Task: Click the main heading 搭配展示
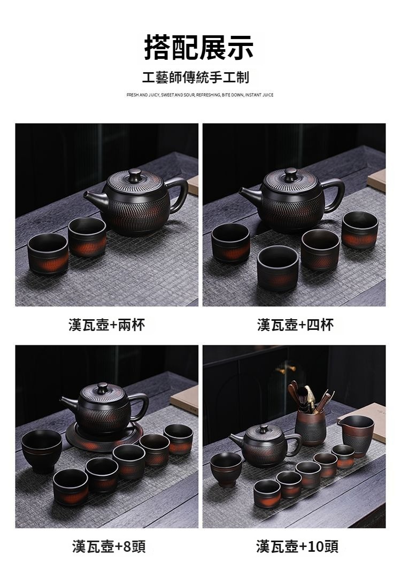(x=199, y=48)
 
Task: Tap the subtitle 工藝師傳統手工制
(x=196, y=78)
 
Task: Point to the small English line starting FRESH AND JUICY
(x=200, y=95)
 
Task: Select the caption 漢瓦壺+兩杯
(x=106, y=325)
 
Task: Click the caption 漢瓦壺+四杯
(x=295, y=325)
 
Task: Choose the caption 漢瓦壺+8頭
(x=109, y=546)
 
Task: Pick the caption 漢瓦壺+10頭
(x=297, y=546)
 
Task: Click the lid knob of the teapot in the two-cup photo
(x=135, y=174)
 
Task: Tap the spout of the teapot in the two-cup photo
(x=94, y=198)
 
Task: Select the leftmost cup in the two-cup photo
(x=48, y=253)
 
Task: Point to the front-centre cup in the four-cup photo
(x=277, y=268)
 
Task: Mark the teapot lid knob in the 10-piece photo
(x=264, y=429)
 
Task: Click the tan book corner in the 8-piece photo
(x=185, y=398)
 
